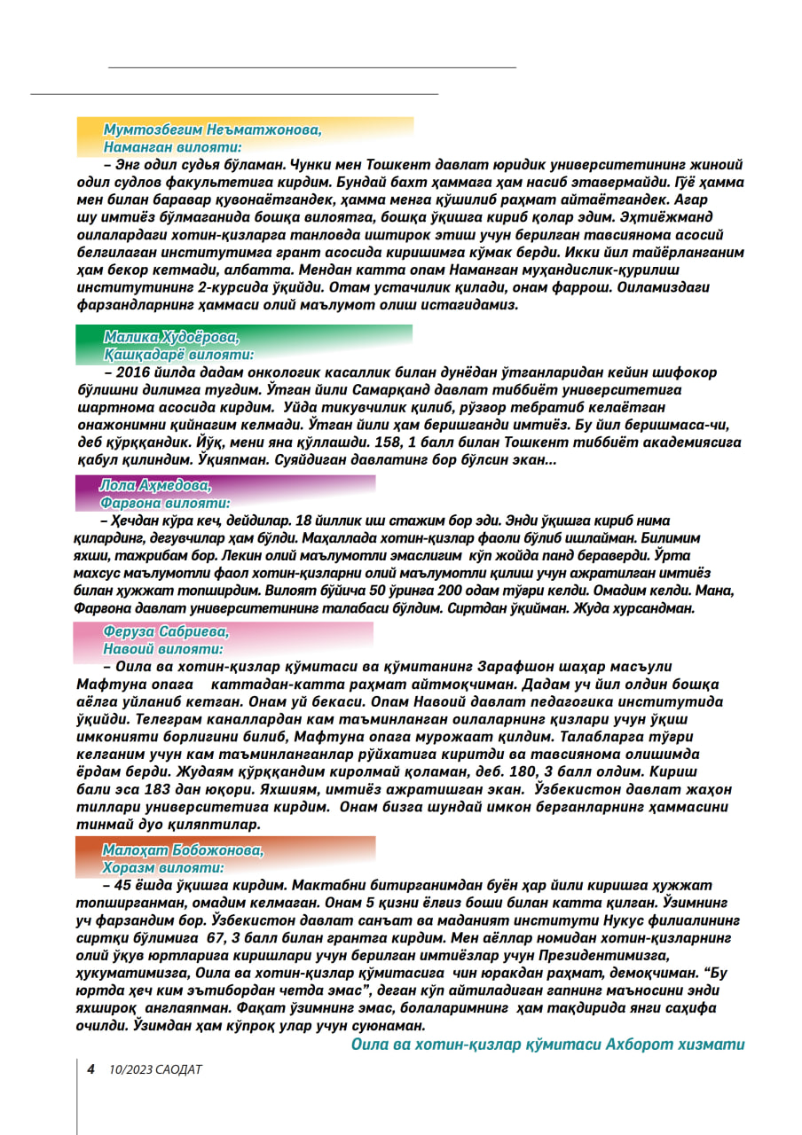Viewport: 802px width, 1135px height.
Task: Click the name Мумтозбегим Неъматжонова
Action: click(x=212, y=129)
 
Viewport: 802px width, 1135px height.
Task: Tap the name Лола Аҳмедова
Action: click(x=156, y=485)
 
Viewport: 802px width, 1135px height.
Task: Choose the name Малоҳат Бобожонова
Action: click(x=183, y=849)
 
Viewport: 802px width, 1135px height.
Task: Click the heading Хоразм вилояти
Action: click(x=163, y=867)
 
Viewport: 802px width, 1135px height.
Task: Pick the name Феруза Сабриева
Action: click(x=166, y=631)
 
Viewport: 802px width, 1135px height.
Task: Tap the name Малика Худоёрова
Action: click(x=171, y=336)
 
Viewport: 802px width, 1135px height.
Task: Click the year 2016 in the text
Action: click(x=133, y=372)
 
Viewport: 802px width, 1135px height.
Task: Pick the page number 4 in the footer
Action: click(x=90, y=1068)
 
